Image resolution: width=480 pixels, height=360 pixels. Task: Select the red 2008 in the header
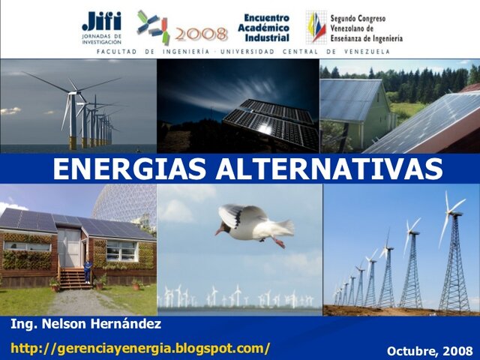pos(202,34)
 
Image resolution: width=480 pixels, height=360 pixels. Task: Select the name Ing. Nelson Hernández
pos(86,325)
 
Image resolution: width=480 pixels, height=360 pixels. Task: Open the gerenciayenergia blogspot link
pos(140,348)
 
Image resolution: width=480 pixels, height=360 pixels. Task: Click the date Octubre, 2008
pos(430,350)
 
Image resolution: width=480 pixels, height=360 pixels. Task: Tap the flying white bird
pos(251,223)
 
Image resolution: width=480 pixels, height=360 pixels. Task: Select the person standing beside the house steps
pos(88,270)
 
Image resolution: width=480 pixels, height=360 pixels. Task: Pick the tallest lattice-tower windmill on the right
pos(452,259)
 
